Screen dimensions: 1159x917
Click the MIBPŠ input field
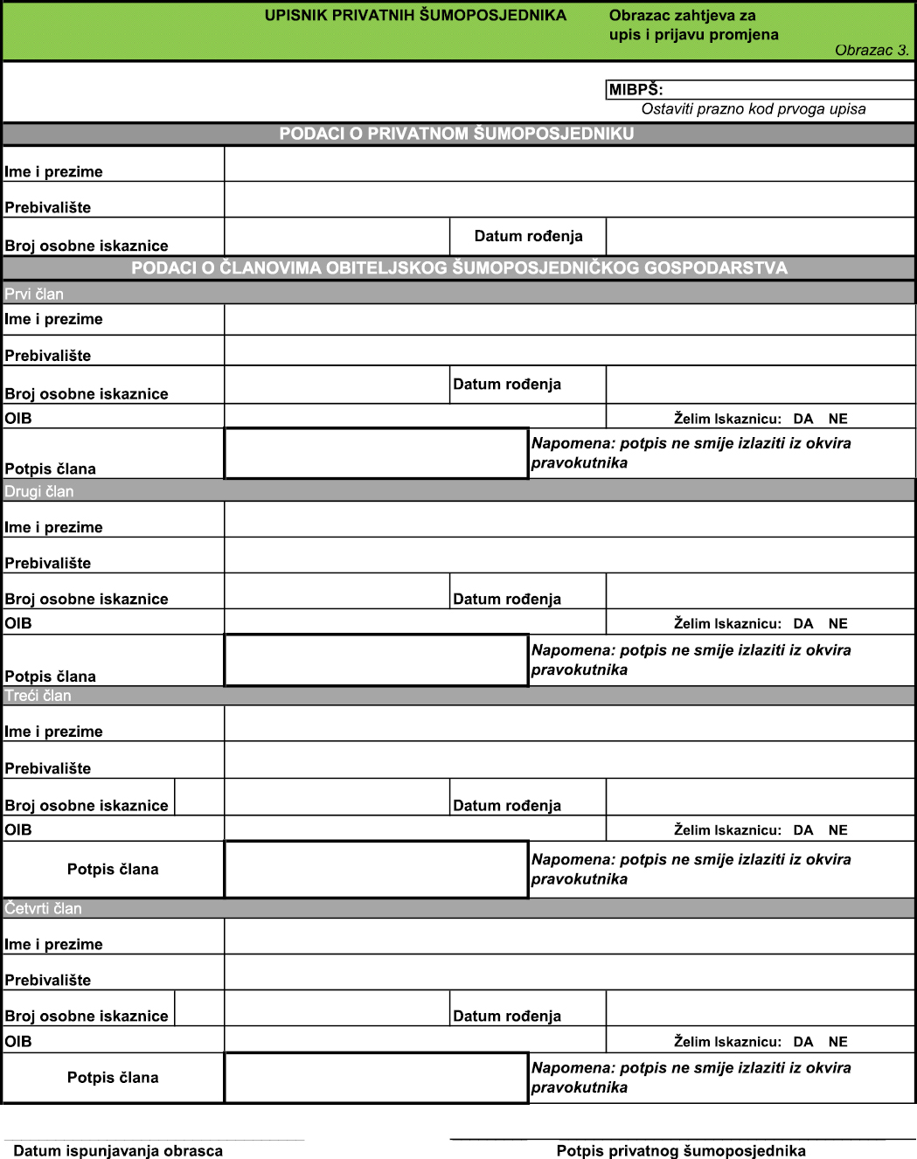(x=787, y=89)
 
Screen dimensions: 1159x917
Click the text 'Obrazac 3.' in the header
(x=871, y=50)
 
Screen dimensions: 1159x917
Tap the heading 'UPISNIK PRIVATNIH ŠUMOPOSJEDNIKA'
(x=415, y=15)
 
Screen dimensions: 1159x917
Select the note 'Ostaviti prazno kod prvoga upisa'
(x=753, y=109)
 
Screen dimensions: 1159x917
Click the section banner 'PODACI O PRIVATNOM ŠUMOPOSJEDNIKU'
(x=456, y=134)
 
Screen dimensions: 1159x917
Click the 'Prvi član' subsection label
(x=34, y=294)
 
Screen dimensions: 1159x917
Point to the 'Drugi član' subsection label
(x=39, y=491)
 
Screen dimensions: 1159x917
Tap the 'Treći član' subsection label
(x=38, y=696)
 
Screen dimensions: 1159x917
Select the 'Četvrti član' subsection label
(x=43, y=909)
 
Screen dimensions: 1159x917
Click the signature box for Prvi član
(x=376, y=454)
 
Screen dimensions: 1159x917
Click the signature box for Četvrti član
(x=376, y=1078)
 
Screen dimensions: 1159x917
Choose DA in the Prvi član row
(x=802, y=419)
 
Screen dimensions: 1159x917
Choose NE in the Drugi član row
(x=837, y=623)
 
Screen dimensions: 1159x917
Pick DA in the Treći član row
(x=802, y=830)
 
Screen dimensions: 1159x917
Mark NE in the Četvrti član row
(x=837, y=1042)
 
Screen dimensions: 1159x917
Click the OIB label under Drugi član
(x=18, y=623)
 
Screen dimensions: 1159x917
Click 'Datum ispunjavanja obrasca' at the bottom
(x=118, y=1150)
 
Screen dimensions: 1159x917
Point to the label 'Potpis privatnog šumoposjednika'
(x=681, y=1150)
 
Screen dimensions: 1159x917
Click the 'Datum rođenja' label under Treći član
(x=507, y=806)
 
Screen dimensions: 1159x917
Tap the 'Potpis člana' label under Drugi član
(x=51, y=676)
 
